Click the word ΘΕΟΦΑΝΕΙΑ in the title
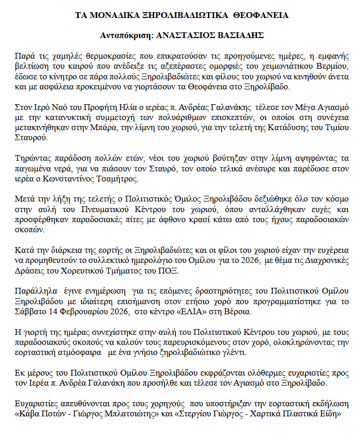click(262, 15)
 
